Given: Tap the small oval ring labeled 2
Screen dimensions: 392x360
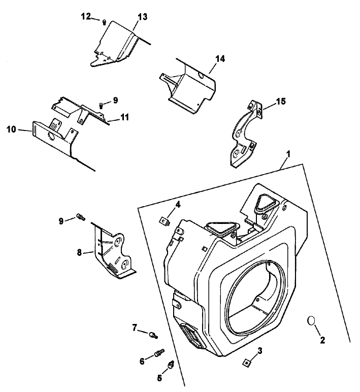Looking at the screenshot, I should (x=312, y=321).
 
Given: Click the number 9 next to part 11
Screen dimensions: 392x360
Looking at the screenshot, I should (x=115, y=101).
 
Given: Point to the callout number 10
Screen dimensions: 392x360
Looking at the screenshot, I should (x=11, y=129).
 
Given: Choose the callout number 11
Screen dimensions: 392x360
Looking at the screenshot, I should (x=124, y=117).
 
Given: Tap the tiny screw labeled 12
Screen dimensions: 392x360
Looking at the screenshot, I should (x=104, y=22).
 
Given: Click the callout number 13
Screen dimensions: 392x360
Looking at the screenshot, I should (x=142, y=17).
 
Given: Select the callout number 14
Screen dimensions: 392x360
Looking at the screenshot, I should (x=219, y=59).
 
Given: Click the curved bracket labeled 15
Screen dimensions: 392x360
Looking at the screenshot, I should (x=242, y=135).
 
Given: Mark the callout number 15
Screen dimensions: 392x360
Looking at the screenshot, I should (x=280, y=102).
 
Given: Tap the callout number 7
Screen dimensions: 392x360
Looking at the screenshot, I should (x=135, y=328).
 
